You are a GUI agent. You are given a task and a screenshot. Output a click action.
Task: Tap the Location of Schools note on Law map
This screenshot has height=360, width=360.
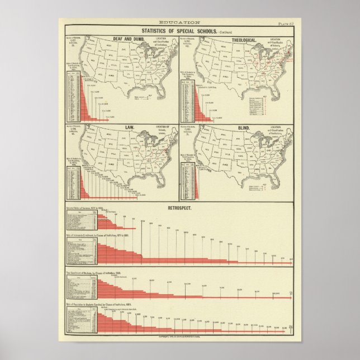tap(163, 131)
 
